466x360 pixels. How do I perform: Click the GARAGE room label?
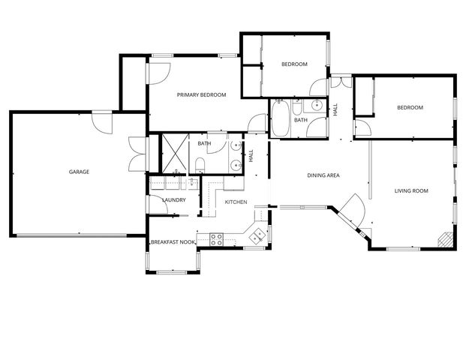point(79,172)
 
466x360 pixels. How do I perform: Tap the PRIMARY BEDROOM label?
point(201,94)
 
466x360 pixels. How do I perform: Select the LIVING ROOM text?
point(411,191)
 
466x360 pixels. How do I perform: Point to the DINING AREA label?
point(323,175)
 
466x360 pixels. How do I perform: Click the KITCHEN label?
point(236,202)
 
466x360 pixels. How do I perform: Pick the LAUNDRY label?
point(173,199)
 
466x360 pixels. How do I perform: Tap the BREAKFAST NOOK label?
point(173,242)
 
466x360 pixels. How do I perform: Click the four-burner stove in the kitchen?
point(216,240)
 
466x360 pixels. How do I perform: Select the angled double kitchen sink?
point(256,235)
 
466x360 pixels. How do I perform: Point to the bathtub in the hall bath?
point(280,120)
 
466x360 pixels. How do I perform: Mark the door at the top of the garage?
point(101,121)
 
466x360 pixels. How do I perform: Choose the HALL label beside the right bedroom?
point(335,109)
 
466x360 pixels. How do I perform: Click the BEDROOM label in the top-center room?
point(294,64)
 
